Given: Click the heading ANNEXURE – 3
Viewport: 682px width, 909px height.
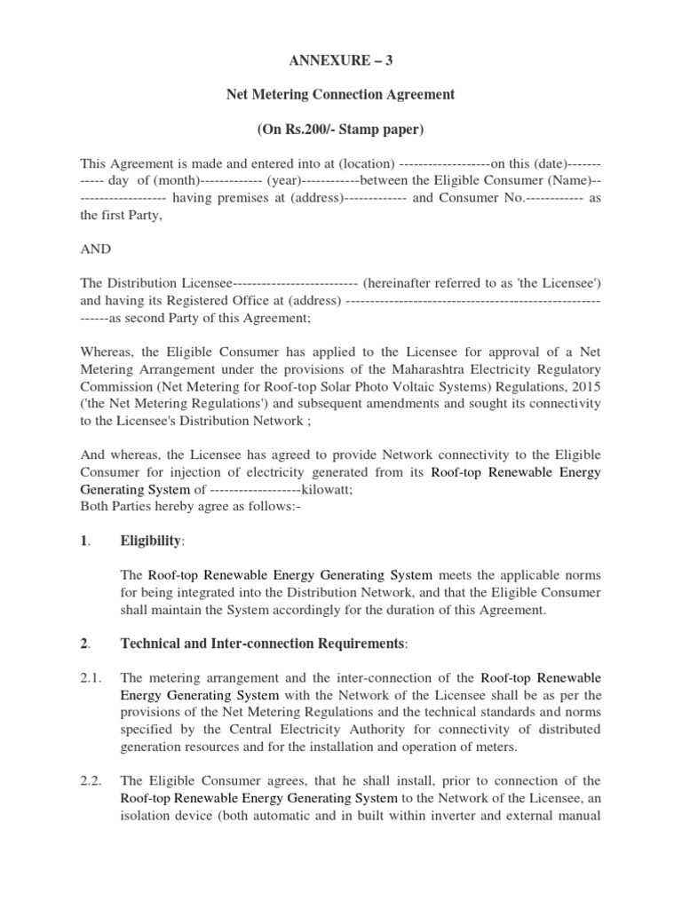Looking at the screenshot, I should coord(341,60).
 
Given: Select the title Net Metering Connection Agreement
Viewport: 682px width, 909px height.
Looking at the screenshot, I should coord(341,95).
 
